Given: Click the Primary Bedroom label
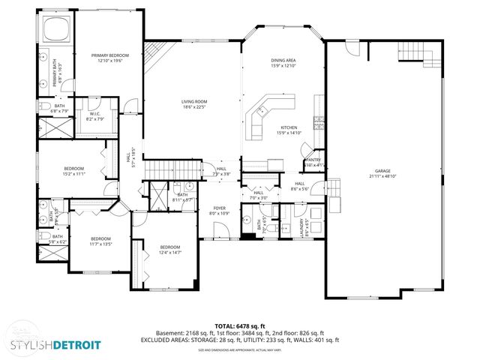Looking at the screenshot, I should [x=110, y=58].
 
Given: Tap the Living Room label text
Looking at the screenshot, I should [x=193, y=103].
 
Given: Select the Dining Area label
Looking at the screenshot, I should [x=283, y=63].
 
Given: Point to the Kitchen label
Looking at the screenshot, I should [x=289, y=130].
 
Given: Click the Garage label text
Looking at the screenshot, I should [x=382, y=173].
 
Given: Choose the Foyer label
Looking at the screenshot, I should [x=219, y=210].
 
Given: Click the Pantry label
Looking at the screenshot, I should [x=313, y=162].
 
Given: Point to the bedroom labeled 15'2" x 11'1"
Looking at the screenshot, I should [x=73, y=170].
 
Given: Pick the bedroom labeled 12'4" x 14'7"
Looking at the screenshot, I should [x=169, y=249].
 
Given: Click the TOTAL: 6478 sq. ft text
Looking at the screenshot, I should [x=239, y=325].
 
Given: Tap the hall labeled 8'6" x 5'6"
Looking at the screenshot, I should [x=299, y=186].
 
